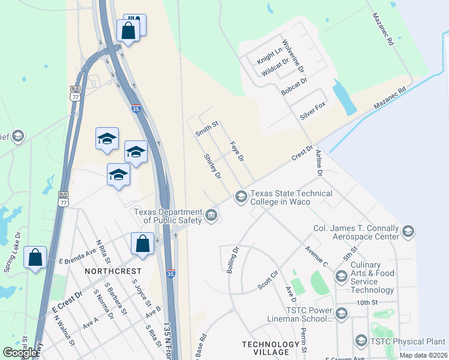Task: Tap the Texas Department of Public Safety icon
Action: (211, 215)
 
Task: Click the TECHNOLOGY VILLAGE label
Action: (270, 348)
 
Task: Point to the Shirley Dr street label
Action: (213, 167)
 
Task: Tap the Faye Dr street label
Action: (237, 152)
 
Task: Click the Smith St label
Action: (206, 128)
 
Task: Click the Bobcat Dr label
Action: (294, 86)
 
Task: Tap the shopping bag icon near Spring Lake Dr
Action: (35, 257)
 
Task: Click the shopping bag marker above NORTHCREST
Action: (143, 244)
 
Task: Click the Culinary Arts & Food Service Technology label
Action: (366, 277)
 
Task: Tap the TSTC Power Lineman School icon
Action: (342, 313)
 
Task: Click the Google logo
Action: (20, 353)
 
